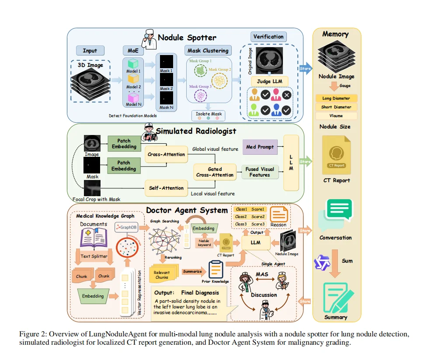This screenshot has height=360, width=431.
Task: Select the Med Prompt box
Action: [260, 147]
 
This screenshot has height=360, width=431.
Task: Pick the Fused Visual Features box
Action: [260, 172]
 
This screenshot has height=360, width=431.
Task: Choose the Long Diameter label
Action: [336, 98]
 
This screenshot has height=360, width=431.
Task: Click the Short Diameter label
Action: [336, 107]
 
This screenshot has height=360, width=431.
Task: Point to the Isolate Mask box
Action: [210, 114]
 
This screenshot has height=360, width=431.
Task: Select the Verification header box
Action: [268, 37]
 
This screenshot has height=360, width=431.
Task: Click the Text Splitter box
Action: [94, 256]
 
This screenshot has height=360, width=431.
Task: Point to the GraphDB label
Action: [127, 227]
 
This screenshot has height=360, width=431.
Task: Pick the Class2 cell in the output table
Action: [241, 217]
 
